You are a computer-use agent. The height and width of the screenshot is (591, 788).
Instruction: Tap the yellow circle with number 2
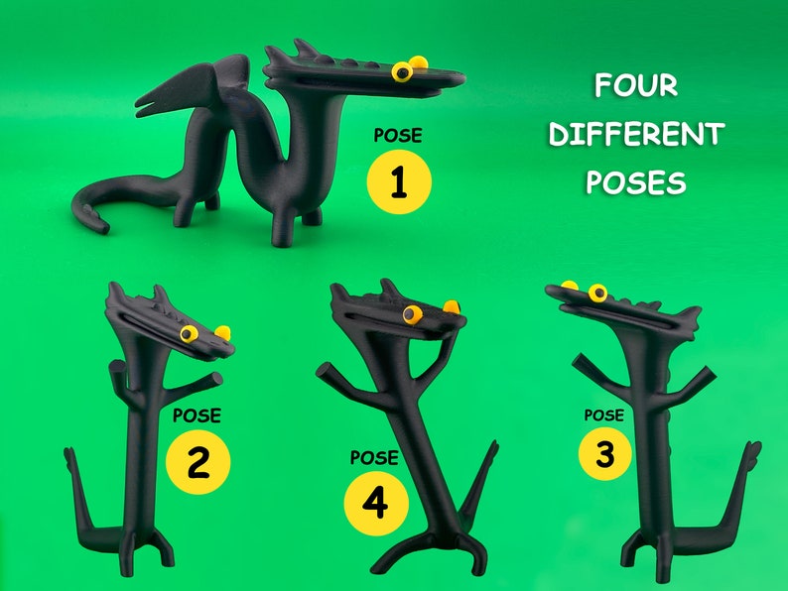(x=198, y=462)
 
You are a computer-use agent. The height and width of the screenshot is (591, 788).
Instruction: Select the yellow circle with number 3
(x=606, y=454)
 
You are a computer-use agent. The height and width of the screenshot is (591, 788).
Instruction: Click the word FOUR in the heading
(x=635, y=86)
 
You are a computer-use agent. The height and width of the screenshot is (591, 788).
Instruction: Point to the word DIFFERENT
(x=636, y=134)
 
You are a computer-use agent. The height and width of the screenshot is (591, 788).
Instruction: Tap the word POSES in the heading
(x=636, y=182)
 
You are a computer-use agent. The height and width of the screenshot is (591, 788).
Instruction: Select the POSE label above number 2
(x=197, y=415)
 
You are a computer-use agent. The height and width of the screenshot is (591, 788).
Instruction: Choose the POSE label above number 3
(x=603, y=414)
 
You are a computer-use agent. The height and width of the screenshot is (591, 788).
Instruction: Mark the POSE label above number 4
(x=374, y=458)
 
